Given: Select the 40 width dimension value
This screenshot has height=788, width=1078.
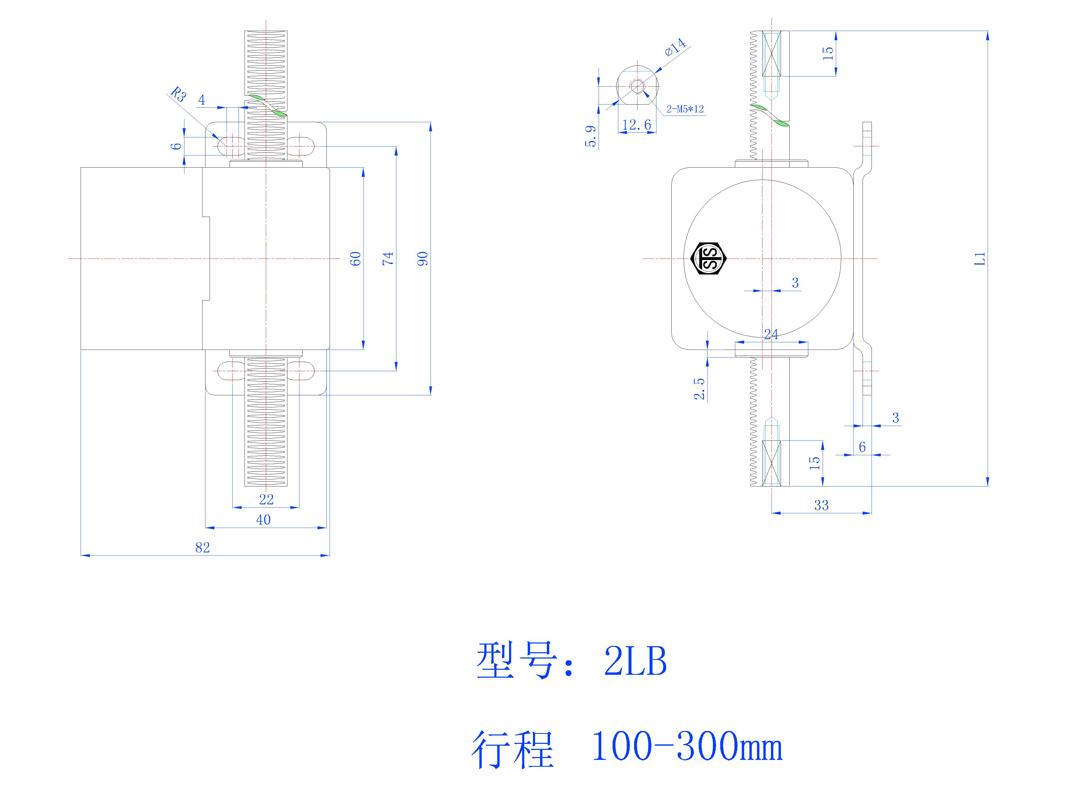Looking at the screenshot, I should pyautogui.click(x=263, y=520).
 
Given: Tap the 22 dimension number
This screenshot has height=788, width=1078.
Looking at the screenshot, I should pyautogui.click(x=266, y=499).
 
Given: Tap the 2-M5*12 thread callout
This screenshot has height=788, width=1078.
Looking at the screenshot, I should pyautogui.click(x=685, y=109).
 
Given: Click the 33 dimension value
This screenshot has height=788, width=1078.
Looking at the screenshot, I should pyautogui.click(x=821, y=505).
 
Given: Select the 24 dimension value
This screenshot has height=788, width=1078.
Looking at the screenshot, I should pyautogui.click(x=771, y=334).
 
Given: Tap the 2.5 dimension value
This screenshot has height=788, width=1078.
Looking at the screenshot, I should pyautogui.click(x=699, y=388).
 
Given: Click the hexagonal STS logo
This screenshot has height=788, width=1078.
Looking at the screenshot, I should pyautogui.click(x=708, y=258).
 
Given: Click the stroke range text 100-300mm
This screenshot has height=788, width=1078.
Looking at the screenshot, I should pyautogui.click(x=687, y=746).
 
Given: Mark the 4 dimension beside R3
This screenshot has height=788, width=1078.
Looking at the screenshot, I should pyautogui.click(x=202, y=100).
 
